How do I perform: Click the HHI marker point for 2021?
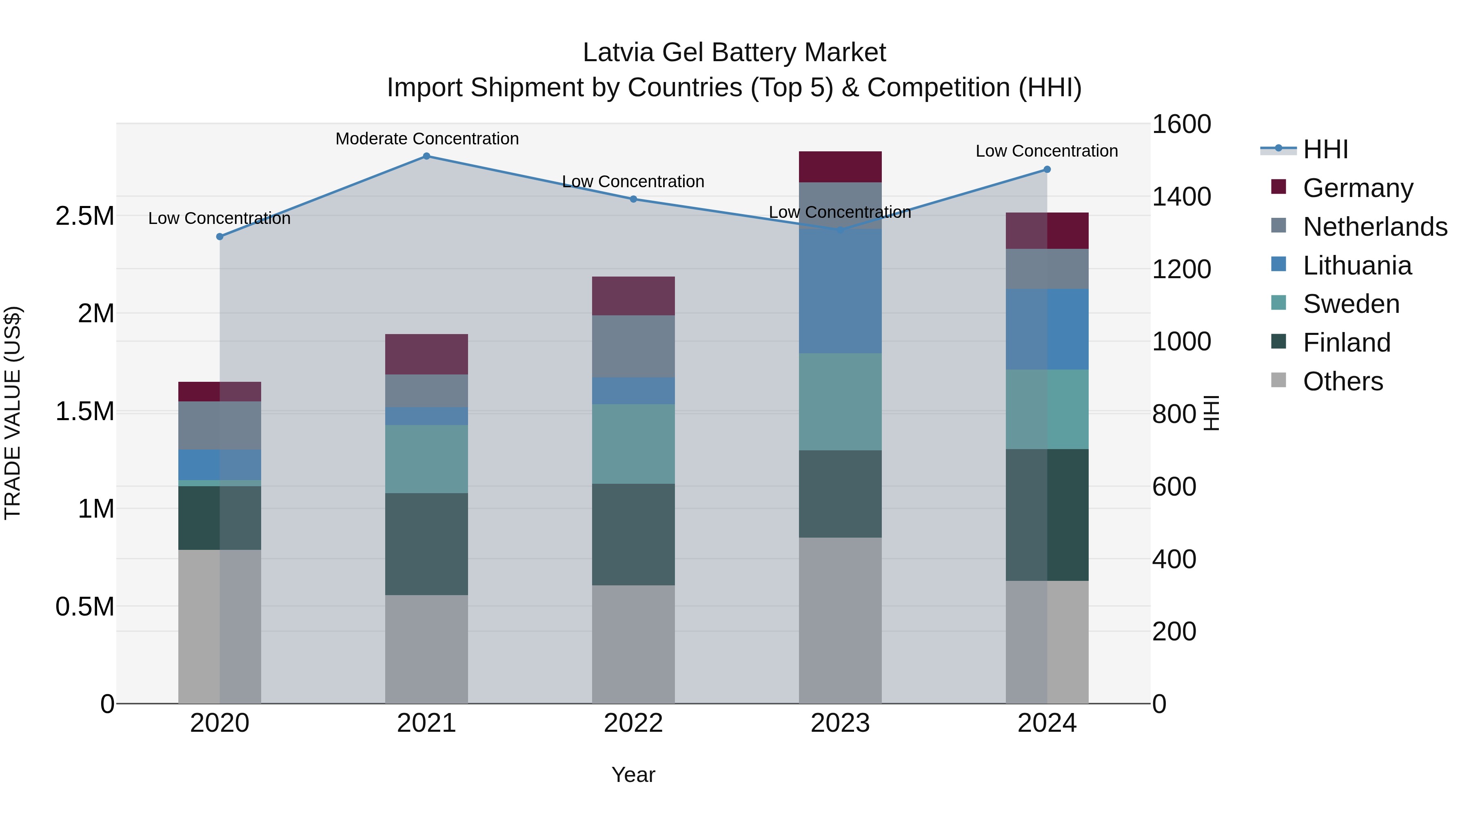pos(426,156)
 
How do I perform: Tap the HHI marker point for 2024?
pos(1047,169)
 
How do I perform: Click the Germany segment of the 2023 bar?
pos(840,167)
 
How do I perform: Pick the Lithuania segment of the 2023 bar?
pos(840,291)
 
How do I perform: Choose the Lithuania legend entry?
pos(1357,266)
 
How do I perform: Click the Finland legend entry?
pos(1347,343)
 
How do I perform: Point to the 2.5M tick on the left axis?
pos(84,216)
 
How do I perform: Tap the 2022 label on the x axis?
pos(633,723)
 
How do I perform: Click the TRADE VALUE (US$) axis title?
pos(13,413)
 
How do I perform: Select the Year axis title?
pos(633,775)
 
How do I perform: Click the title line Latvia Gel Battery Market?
pos(734,53)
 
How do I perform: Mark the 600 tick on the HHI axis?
pos(1174,487)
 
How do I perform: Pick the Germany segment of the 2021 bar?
pos(426,354)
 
